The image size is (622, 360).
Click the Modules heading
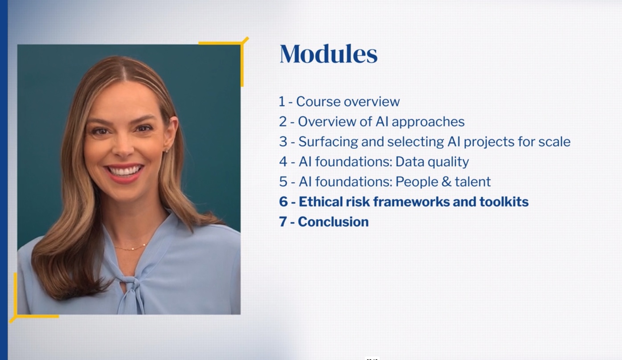point(328,54)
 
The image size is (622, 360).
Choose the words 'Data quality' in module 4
point(432,162)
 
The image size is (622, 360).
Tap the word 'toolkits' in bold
point(504,202)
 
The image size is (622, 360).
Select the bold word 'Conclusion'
point(333,222)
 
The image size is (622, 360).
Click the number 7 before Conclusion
point(282,222)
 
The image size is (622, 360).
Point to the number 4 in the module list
point(283,162)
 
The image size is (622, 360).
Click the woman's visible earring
point(167,150)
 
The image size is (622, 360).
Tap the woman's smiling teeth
point(124,170)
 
